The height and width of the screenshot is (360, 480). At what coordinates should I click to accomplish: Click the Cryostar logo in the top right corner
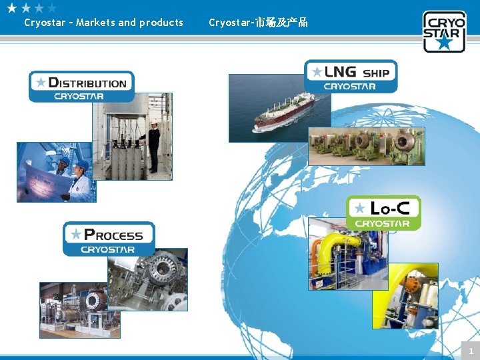[444, 31]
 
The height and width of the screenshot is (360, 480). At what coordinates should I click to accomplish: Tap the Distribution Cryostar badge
[81, 87]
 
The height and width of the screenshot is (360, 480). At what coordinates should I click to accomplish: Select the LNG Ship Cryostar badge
[351, 76]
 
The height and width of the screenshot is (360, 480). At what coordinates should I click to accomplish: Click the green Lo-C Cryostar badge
[384, 213]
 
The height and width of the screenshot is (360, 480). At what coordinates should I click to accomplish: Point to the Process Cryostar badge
[109, 239]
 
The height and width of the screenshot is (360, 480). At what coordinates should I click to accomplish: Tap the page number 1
[470, 351]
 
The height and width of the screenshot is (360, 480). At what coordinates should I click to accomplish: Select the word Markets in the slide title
[95, 23]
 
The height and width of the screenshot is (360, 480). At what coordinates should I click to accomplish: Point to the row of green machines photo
[366, 147]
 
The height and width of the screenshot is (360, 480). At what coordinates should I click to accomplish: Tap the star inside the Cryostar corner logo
[444, 43]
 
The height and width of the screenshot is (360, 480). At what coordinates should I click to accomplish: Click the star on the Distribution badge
[41, 82]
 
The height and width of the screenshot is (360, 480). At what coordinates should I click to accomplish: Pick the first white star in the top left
[11, 8]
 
